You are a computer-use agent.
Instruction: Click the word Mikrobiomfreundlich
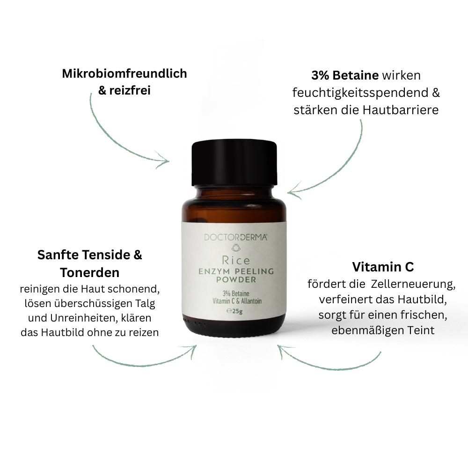[x=124, y=74]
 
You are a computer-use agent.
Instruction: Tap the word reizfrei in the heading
[x=130, y=90]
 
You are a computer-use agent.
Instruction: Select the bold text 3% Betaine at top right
[x=345, y=75]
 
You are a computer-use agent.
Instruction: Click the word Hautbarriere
[x=401, y=110]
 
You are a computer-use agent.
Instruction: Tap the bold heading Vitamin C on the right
[x=383, y=267]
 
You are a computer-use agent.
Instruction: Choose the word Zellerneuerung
[x=413, y=284]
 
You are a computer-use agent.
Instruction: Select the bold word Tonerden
[x=89, y=272]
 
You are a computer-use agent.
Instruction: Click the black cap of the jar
[x=234, y=163]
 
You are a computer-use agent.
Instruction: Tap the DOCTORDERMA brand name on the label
[x=235, y=237]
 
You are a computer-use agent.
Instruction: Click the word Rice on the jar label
[x=236, y=261]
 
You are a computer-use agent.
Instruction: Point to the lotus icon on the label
[x=236, y=248]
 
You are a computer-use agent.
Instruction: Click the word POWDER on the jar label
[x=236, y=280]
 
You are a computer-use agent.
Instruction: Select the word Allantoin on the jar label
[x=251, y=301]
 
